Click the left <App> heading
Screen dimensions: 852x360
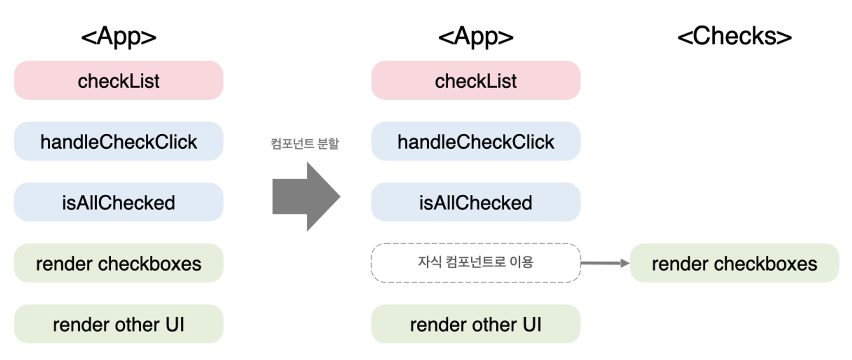coord(119,37)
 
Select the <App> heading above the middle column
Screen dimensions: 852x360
coord(476,37)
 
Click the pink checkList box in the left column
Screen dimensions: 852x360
coord(119,80)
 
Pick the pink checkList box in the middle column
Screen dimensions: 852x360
coord(476,80)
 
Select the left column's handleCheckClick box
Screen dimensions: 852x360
coord(119,141)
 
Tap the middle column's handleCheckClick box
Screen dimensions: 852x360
coord(476,141)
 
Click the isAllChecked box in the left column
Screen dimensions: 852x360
coord(119,202)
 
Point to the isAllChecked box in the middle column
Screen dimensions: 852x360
coord(476,202)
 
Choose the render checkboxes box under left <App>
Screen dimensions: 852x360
coord(119,263)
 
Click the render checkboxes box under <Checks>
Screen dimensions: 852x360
coord(734,263)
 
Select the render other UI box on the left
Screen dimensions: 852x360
coord(119,324)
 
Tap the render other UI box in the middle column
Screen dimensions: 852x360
coord(476,324)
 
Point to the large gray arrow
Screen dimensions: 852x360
coord(306,196)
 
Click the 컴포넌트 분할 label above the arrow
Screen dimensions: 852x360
coord(305,144)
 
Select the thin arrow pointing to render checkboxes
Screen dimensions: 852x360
coord(605,263)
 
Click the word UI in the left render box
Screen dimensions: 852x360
coord(175,325)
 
